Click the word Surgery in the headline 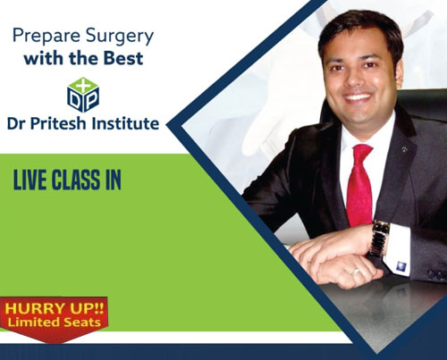click(x=120, y=38)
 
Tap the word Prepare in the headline click(x=46, y=37)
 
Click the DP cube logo click(x=83, y=95)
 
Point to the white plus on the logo click(x=83, y=86)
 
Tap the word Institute click(x=125, y=123)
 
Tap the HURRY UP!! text click(x=55, y=308)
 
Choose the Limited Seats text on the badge click(x=55, y=322)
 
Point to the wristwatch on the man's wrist click(x=378, y=239)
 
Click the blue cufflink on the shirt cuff click(x=401, y=265)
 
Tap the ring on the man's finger click(x=356, y=272)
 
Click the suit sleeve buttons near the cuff click(x=437, y=274)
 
